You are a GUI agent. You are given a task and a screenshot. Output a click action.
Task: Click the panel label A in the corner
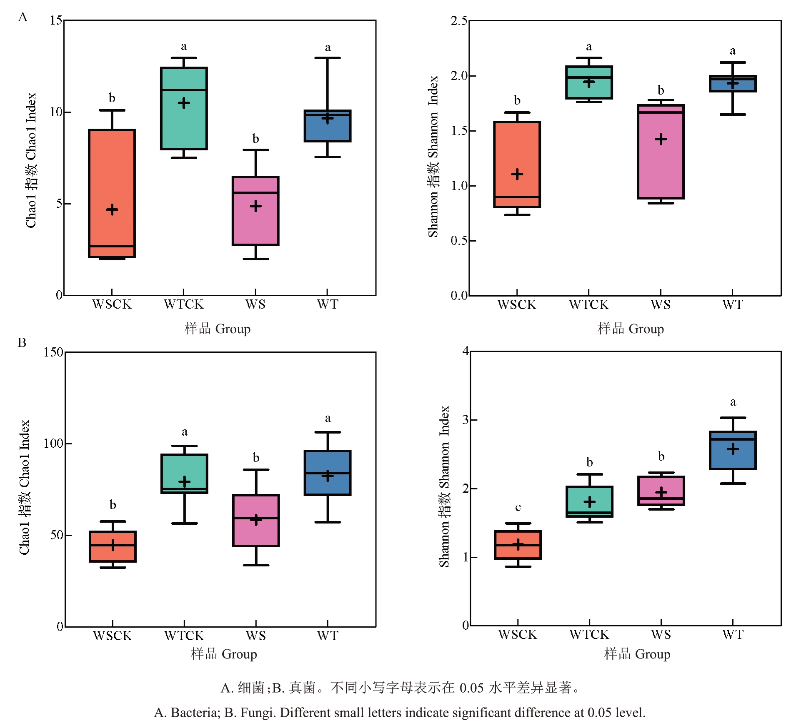23,17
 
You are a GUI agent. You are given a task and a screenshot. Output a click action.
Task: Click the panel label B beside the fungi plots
22,342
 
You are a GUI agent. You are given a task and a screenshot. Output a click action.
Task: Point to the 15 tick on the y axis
56,20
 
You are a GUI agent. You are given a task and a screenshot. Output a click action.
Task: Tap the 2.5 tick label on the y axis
459,21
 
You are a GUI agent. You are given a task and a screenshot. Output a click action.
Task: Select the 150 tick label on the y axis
53,352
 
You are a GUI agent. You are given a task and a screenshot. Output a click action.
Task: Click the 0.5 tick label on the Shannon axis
459,241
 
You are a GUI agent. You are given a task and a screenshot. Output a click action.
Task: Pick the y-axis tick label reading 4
466,351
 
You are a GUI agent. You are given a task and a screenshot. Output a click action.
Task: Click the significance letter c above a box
518,507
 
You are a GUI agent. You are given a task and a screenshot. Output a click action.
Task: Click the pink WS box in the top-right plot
661,167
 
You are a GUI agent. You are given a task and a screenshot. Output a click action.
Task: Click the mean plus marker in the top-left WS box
255,206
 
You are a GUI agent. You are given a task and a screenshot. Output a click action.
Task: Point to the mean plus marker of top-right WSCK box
517,174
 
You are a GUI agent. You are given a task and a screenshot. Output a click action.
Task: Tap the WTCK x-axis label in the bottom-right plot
589,635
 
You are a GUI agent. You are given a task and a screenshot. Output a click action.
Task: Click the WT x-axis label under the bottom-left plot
328,636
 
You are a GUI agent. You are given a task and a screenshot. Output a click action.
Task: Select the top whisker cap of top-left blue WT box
328,58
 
